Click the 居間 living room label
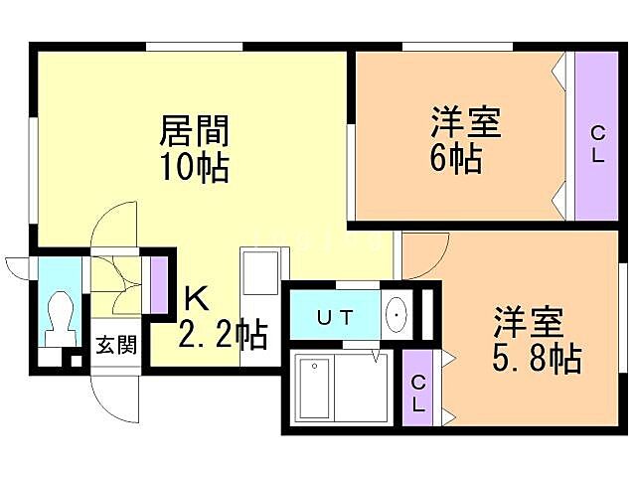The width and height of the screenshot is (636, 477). [195, 130]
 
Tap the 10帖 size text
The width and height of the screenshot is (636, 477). [195, 165]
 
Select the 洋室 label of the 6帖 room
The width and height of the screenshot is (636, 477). [464, 124]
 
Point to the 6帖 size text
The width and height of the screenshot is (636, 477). [457, 157]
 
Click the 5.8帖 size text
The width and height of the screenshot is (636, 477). [537, 357]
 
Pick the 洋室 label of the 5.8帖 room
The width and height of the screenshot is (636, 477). [529, 324]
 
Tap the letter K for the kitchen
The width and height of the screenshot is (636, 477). [195, 298]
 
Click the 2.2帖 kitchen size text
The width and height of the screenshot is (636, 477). [223, 335]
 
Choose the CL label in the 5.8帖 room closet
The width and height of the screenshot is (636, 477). [419, 393]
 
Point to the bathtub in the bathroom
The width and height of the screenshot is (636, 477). [317, 390]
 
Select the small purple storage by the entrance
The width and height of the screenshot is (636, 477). [158, 283]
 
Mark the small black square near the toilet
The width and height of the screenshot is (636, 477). [76, 361]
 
